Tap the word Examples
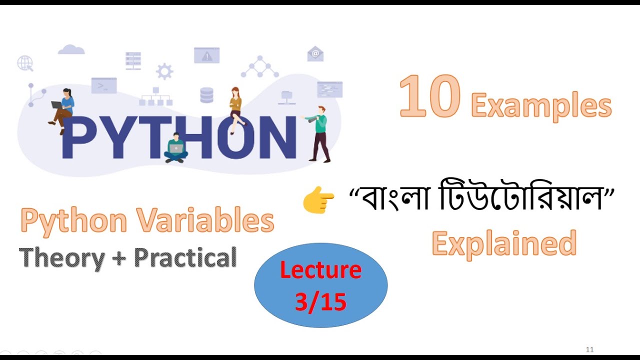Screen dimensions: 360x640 coord(541,106)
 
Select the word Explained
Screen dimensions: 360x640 coord(504,243)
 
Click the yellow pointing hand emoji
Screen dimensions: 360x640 coord(318,201)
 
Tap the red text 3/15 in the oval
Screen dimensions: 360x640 coord(320,302)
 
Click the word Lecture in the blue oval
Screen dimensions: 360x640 coord(320,270)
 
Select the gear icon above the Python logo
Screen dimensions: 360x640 coord(164,71)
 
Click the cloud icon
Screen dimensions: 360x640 coord(71,49)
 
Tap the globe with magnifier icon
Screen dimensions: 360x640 coord(25,63)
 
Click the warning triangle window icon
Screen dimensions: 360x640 coord(206,55)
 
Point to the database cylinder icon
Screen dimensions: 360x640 coord(206,95)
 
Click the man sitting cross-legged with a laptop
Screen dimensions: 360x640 coord(176,148)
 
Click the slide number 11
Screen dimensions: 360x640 coord(589,349)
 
